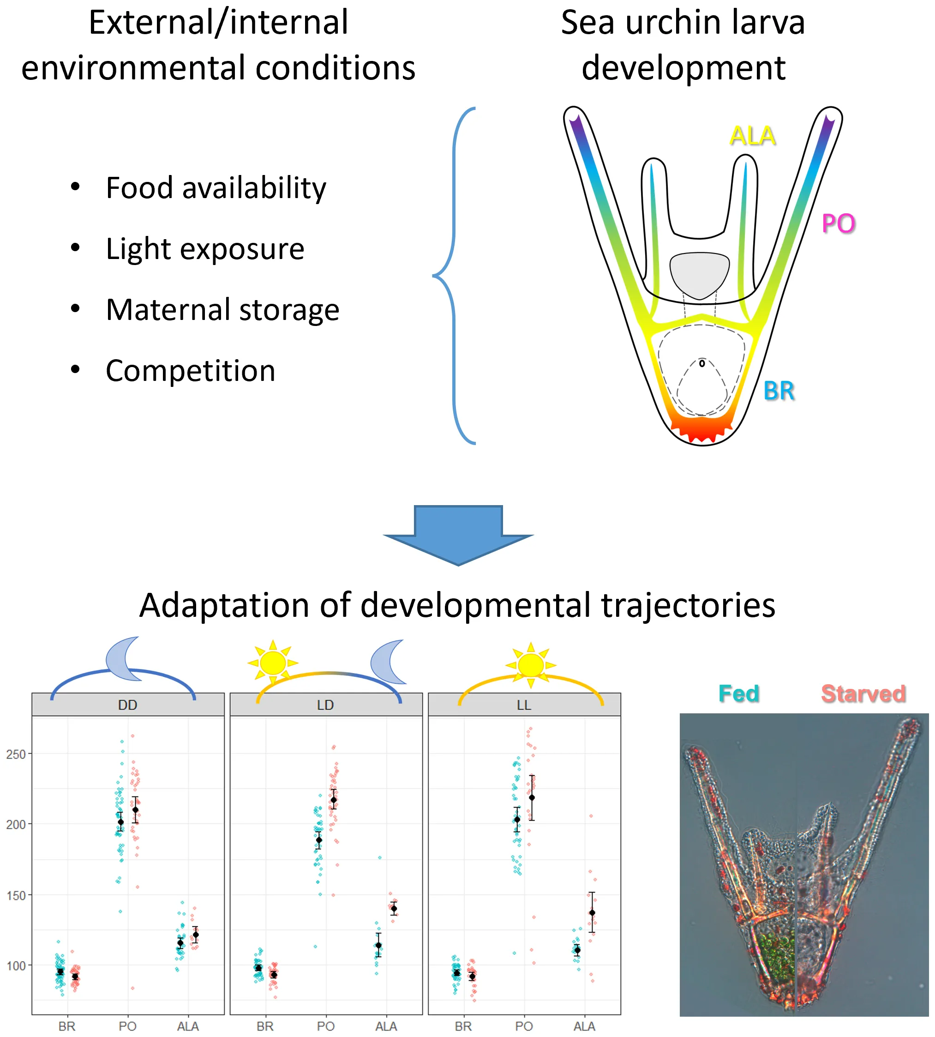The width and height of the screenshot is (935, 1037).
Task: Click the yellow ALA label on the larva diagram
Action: tap(752, 136)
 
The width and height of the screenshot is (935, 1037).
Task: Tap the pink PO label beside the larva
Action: tap(839, 223)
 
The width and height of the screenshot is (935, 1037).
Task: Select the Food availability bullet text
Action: tap(216, 187)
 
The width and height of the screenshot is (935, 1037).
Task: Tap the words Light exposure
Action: tap(205, 249)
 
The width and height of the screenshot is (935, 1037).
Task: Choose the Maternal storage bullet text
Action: tap(222, 309)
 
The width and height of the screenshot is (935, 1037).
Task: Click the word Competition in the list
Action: tap(191, 370)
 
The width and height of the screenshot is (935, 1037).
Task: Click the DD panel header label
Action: tap(127, 705)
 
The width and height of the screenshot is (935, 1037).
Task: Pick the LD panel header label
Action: tap(326, 705)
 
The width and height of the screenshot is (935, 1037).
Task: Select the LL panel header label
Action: tap(524, 705)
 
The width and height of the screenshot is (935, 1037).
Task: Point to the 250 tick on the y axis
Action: tap(15, 754)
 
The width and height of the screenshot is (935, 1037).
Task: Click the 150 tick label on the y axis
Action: tap(15, 895)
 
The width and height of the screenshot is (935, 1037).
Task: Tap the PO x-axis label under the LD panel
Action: tap(326, 1026)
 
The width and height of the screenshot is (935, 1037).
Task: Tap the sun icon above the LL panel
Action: tap(531, 665)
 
